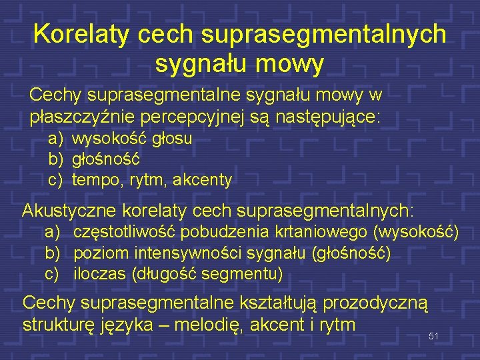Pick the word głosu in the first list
point(173,139)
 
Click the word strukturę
point(57,325)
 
